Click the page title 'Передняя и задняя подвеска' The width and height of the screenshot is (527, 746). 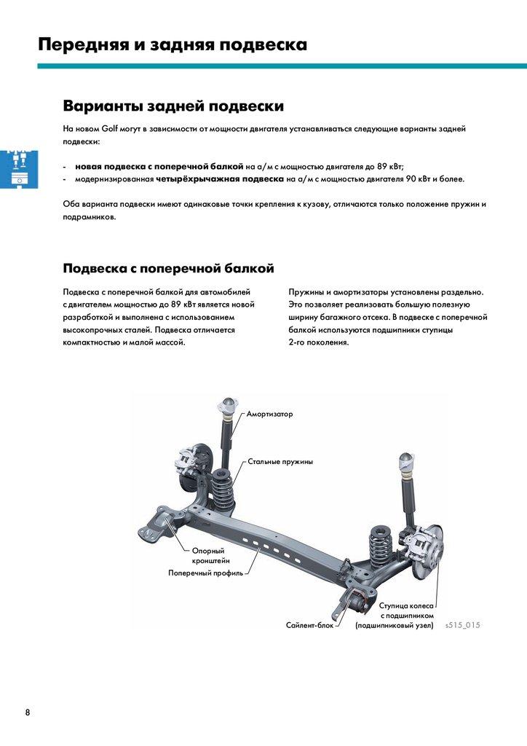coord(173,44)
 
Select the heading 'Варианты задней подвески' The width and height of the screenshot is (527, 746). coord(173,106)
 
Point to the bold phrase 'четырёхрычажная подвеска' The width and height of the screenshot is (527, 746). coord(219,178)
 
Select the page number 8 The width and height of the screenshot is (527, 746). coord(28,712)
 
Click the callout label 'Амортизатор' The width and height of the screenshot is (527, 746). coord(269,414)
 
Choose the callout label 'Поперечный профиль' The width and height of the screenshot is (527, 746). coord(206,573)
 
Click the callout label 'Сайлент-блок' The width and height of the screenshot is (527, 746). coord(309,625)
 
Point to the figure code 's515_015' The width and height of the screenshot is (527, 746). coord(462,625)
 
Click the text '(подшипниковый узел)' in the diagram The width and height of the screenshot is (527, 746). coord(394,625)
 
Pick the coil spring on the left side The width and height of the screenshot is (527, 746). coord(223,487)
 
